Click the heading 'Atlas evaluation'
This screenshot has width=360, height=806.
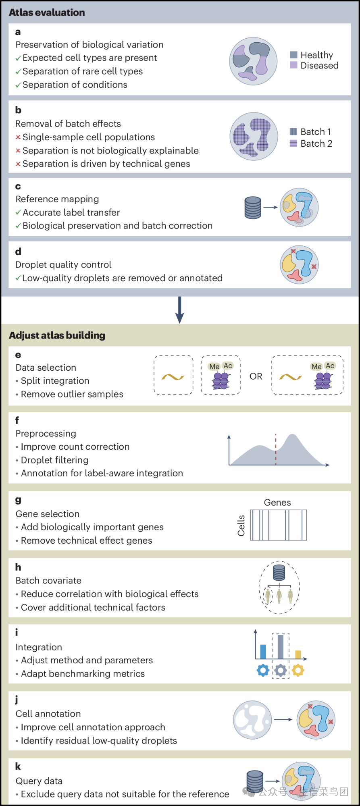point(47,12)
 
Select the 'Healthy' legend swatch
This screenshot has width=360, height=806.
point(293,55)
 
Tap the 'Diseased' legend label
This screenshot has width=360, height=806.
point(319,66)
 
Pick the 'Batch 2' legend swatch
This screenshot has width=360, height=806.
point(293,143)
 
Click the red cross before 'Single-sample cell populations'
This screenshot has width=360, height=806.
point(18,137)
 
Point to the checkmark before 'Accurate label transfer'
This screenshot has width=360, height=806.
point(18,213)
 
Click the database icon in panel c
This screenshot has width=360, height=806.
point(253,207)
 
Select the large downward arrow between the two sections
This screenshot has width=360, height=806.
point(180,310)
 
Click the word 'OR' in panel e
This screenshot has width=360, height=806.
point(256,376)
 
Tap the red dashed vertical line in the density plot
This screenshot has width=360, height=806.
point(276,449)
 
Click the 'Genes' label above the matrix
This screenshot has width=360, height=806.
point(277,503)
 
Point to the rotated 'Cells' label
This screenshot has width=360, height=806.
point(241,526)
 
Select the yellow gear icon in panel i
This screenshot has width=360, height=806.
point(298,670)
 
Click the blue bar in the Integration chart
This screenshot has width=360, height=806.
point(263,651)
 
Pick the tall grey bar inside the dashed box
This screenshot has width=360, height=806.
point(281,646)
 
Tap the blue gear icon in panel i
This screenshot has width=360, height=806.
point(263,670)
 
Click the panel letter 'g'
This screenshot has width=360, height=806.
point(18,500)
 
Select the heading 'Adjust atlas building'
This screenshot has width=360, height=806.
point(57,335)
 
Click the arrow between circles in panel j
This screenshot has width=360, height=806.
point(283,719)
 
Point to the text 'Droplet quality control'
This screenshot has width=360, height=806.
point(63,265)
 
